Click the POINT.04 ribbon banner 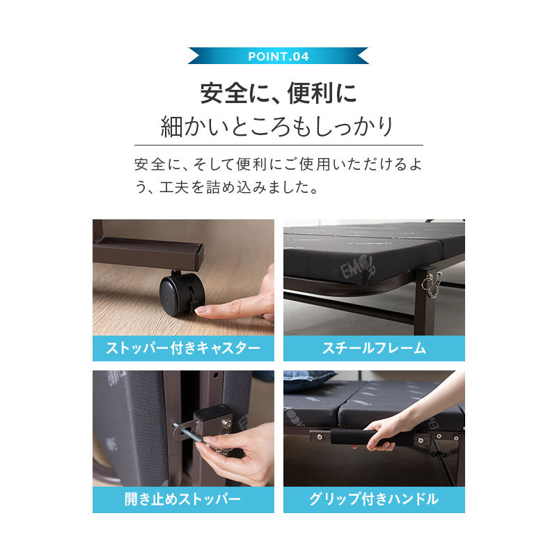[x=278, y=56]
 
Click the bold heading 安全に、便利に [x=278, y=92]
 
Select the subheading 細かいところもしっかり [x=278, y=127]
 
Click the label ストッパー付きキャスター [x=183, y=348]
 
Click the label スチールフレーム [x=374, y=348]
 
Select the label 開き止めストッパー [x=183, y=499]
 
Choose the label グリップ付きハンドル [x=374, y=499]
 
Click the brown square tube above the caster [x=150, y=252]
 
